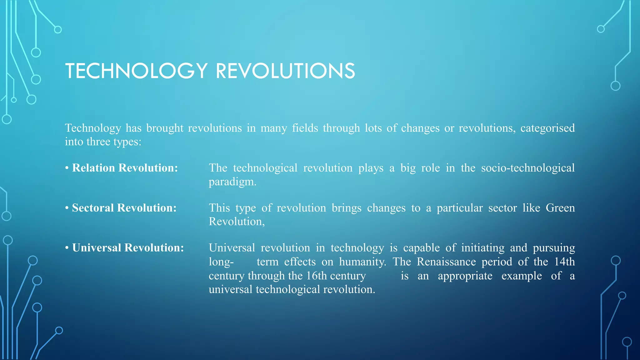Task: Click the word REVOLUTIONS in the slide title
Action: tap(285, 71)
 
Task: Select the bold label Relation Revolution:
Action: tap(125, 168)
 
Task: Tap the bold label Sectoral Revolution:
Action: tap(124, 208)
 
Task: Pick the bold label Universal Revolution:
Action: tap(128, 248)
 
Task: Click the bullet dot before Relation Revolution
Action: tap(67, 168)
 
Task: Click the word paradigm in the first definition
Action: tap(232, 182)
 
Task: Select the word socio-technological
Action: tap(528, 168)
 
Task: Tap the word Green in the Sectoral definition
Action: tap(560, 208)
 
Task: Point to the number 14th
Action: tap(564, 262)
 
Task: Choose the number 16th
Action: tap(317, 276)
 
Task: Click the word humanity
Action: tap(362, 262)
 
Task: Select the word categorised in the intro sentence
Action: tap(547, 128)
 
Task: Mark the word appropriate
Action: tap(465, 276)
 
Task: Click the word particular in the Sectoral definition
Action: tap(460, 208)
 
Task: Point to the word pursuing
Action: tap(554, 248)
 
